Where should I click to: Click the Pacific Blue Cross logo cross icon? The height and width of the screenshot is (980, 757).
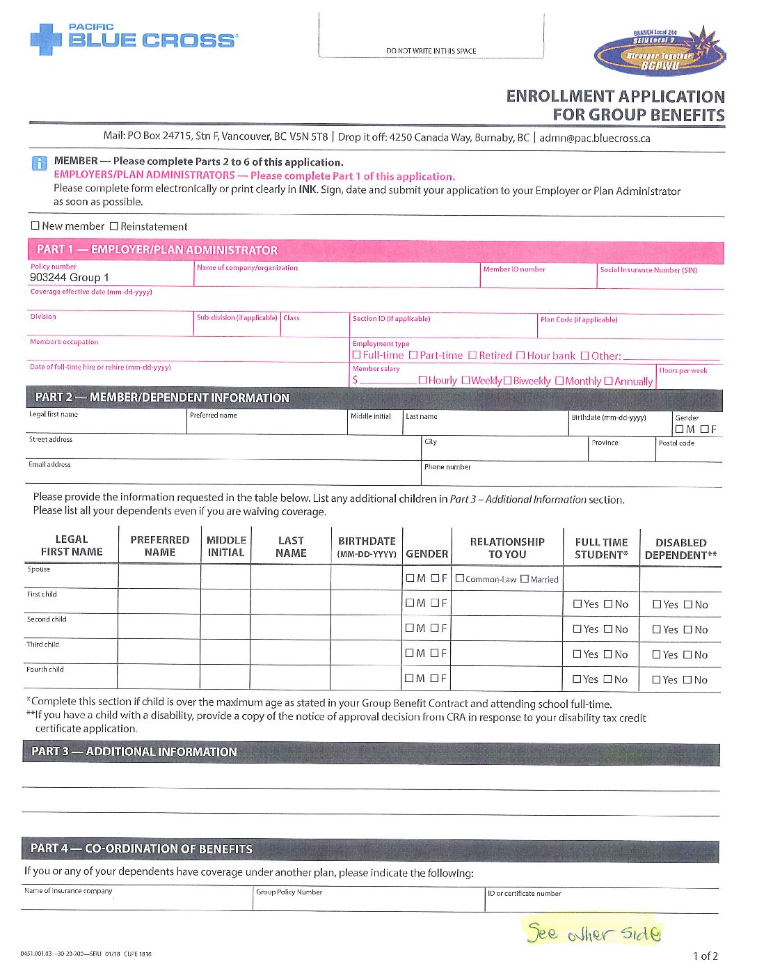pos(46,40)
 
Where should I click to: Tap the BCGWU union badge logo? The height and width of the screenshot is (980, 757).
pos(658,52)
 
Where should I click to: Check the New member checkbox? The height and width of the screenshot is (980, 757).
pos(35,226)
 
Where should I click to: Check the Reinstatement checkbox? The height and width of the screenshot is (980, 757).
pos(114,226)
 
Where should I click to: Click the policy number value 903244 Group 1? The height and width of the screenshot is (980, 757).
pos(70,277)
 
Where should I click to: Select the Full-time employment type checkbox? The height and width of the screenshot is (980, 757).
pos(357,355)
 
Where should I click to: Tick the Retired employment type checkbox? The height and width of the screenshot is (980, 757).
pos(472,355)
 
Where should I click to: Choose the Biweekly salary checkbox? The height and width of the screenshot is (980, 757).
pos(507,381)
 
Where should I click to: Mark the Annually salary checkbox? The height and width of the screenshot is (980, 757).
pos(609,381)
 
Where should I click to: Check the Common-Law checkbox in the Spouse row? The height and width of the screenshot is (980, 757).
pos(460,578)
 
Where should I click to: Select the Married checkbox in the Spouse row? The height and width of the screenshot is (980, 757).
pos(525,578)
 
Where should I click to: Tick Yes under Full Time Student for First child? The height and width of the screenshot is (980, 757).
pos(577,604)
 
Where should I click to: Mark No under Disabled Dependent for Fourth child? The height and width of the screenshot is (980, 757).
pos(687,679)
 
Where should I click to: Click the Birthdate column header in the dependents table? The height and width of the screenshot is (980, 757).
pos(367,546)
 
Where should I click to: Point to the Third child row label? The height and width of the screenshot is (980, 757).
pos(42,645)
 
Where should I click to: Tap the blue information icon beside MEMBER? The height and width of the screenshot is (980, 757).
pos(40,164)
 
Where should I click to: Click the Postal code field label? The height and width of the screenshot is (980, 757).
pos(676,443)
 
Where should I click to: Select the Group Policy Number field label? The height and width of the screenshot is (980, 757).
pos(289,892)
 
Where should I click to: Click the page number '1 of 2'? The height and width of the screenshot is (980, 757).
pos(705,956)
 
